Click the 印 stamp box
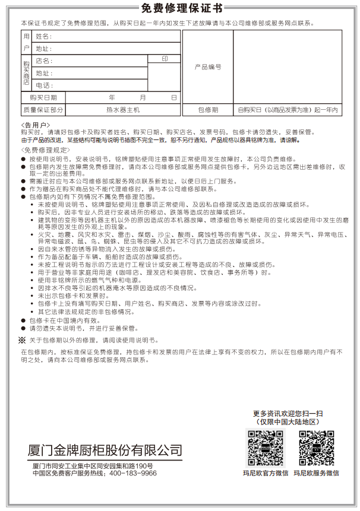165,59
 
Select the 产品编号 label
208,67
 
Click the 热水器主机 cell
123,110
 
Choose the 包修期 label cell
208,110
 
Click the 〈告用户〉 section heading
34,125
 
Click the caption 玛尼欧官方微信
265,473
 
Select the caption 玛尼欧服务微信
315,473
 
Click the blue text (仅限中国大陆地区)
288,421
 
